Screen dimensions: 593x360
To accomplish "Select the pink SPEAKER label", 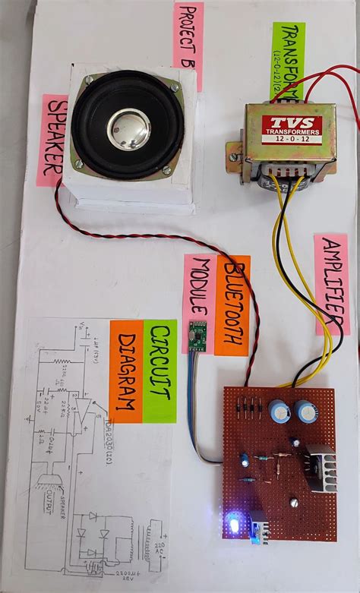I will (x=52, y=140).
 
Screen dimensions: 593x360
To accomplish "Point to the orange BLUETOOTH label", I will (x=232, y=304).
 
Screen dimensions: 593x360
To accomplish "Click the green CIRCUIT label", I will (x=160, y=371).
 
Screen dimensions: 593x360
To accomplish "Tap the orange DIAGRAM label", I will (x=126, y=371).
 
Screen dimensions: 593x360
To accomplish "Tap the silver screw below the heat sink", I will (x=294, y=502).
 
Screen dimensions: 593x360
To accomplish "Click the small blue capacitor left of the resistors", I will (x=245, y=460).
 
